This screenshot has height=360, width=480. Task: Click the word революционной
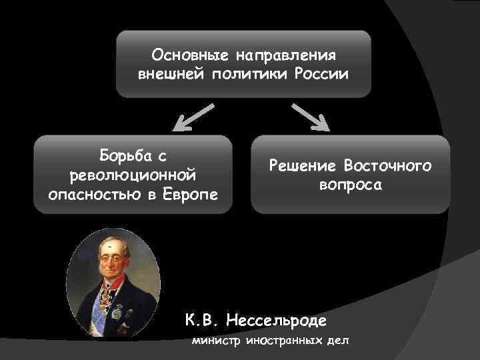(x=133, y=175)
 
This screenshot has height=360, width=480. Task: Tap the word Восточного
(x=388, y=166)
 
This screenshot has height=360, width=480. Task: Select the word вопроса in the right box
(x=351, y=185)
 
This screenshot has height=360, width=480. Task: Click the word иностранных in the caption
(x=279, y=341)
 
